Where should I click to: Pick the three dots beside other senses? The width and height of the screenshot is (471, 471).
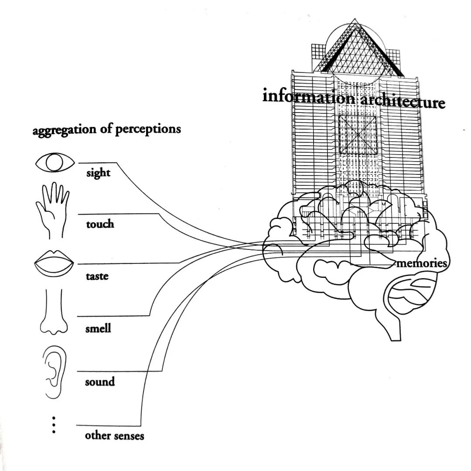pos(54,424)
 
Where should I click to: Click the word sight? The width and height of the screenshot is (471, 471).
pos(98,173)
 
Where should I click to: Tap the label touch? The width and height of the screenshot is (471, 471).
pos(100,224)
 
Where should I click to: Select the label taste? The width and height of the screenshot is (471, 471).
pos(97,276)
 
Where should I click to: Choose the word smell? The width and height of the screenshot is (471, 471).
pos(98,328)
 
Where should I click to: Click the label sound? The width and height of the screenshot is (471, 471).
pos(100,382)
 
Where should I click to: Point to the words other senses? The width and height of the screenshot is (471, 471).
pos(114,435)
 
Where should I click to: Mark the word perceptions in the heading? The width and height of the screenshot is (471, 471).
pos(148,130)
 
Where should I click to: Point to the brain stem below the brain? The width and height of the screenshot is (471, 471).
pos(395,327)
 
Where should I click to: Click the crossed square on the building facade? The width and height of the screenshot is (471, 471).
pos(358,135)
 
